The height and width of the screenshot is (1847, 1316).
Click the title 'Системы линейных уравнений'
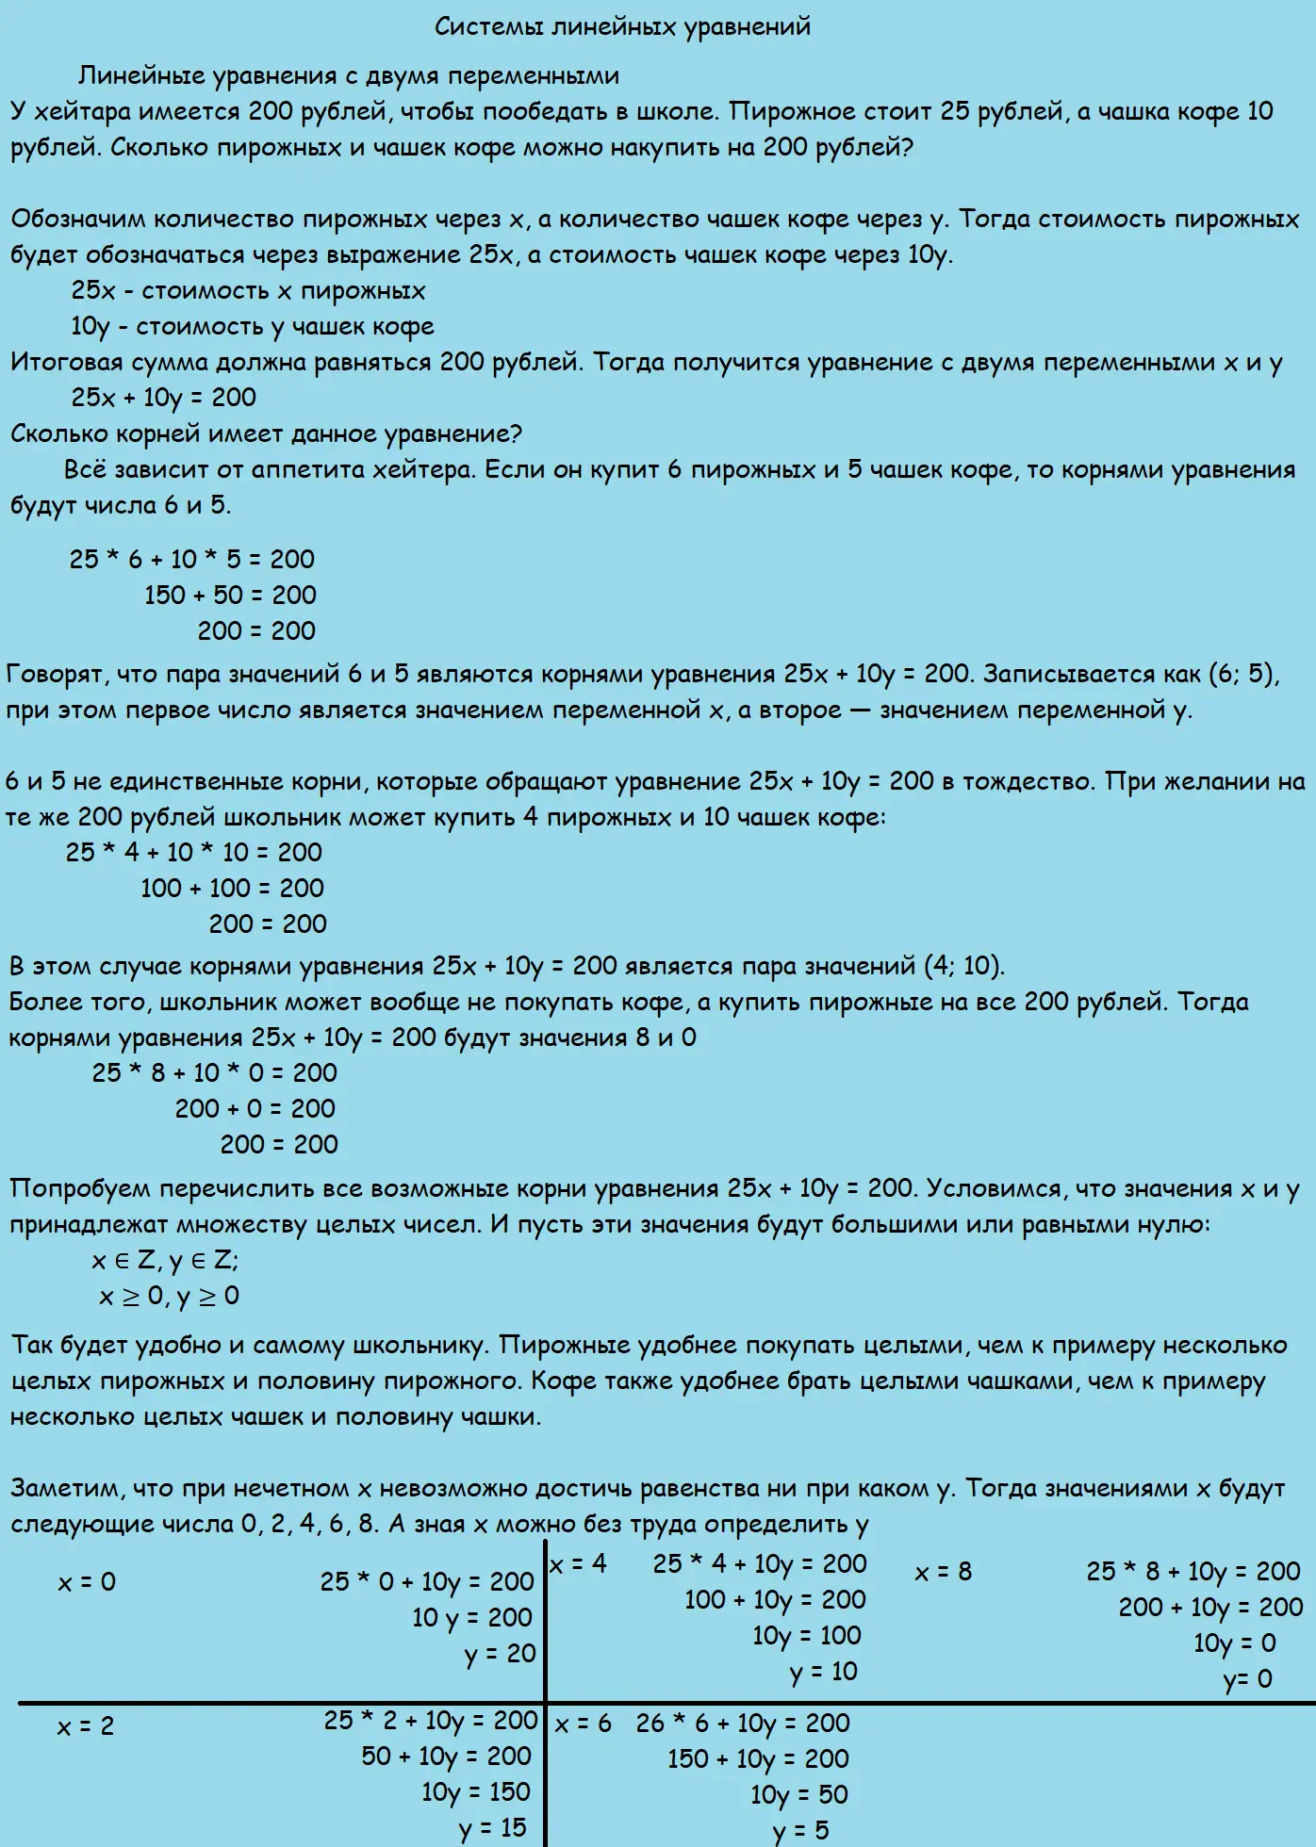[622, 26]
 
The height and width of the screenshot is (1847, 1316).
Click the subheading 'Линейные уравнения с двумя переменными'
[348, 75]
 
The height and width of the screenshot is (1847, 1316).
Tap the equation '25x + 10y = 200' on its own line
[163, 398]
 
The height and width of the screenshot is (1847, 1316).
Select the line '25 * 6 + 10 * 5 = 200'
[191, 560]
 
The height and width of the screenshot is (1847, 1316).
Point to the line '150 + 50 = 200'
[230, 596]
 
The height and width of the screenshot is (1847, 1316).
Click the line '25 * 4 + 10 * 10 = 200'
[193, 853]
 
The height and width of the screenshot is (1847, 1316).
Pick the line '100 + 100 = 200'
[232, 889]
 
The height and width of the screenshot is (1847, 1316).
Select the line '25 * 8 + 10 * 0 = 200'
[214, 1073]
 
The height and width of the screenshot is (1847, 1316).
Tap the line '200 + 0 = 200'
[255, 1109]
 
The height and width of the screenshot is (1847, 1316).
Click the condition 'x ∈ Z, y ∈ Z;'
[165, 1261]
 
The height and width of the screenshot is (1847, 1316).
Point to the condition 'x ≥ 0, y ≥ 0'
[170, 1297]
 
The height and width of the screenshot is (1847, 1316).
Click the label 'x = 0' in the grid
[87, 1582]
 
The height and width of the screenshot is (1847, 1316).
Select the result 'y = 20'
[500, 1654]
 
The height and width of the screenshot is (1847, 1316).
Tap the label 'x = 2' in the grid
[85, 1726]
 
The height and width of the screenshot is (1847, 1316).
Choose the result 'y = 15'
[493, 1828]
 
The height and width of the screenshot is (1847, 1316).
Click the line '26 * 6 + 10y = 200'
[743, 1724]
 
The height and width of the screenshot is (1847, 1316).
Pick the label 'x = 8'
[943, 1572]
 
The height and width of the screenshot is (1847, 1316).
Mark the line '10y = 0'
[1234, 1643]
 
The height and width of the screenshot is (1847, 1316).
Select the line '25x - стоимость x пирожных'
[248, 291]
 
